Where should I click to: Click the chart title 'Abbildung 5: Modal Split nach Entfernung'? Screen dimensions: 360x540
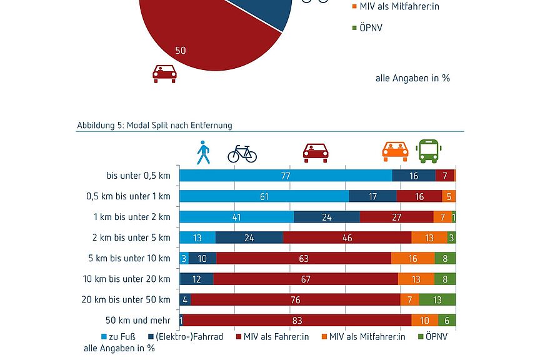[154, 125]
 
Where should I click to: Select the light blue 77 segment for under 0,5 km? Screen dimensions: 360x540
[286, 176]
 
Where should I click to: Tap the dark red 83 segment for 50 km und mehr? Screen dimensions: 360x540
[297, 320]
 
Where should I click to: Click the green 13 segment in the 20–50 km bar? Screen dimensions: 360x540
[437, 300]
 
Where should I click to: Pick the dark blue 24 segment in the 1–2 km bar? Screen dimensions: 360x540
[326, 217]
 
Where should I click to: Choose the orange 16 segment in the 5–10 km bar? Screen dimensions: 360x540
[412, 258]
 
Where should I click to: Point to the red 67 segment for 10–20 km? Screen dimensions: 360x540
[306, 279]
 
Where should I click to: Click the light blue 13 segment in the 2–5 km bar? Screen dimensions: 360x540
[197, 237]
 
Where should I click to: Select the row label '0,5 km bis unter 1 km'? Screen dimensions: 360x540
[128, 196]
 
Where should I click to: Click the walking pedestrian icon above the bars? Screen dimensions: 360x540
[203, 152]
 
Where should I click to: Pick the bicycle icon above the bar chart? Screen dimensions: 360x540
[242, 153]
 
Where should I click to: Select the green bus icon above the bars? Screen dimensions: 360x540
[429, 151]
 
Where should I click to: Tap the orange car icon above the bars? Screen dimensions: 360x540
[395, 151]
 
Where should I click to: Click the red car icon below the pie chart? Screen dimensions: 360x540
[164, 74]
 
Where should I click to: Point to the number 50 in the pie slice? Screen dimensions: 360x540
[180, 51]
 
